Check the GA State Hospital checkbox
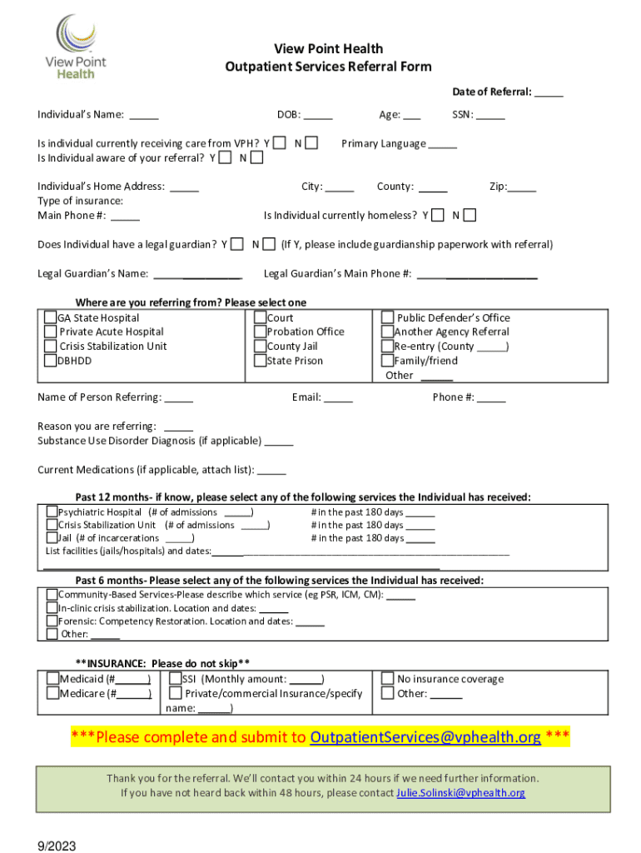point(51,317)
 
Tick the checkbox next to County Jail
point(261,347)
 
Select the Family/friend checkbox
point(388,361)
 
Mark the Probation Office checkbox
point(261,332)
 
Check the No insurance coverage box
point(388,679)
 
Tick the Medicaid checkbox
point(53,679)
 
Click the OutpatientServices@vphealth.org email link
point(425,737)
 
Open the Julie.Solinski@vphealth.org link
point(460,792)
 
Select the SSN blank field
point(490,115)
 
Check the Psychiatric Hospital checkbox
point(52,511)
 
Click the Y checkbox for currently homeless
point(438,216)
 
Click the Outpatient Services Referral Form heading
point(328,67)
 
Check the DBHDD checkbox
point(51,361)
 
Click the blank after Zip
point(522,187)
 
